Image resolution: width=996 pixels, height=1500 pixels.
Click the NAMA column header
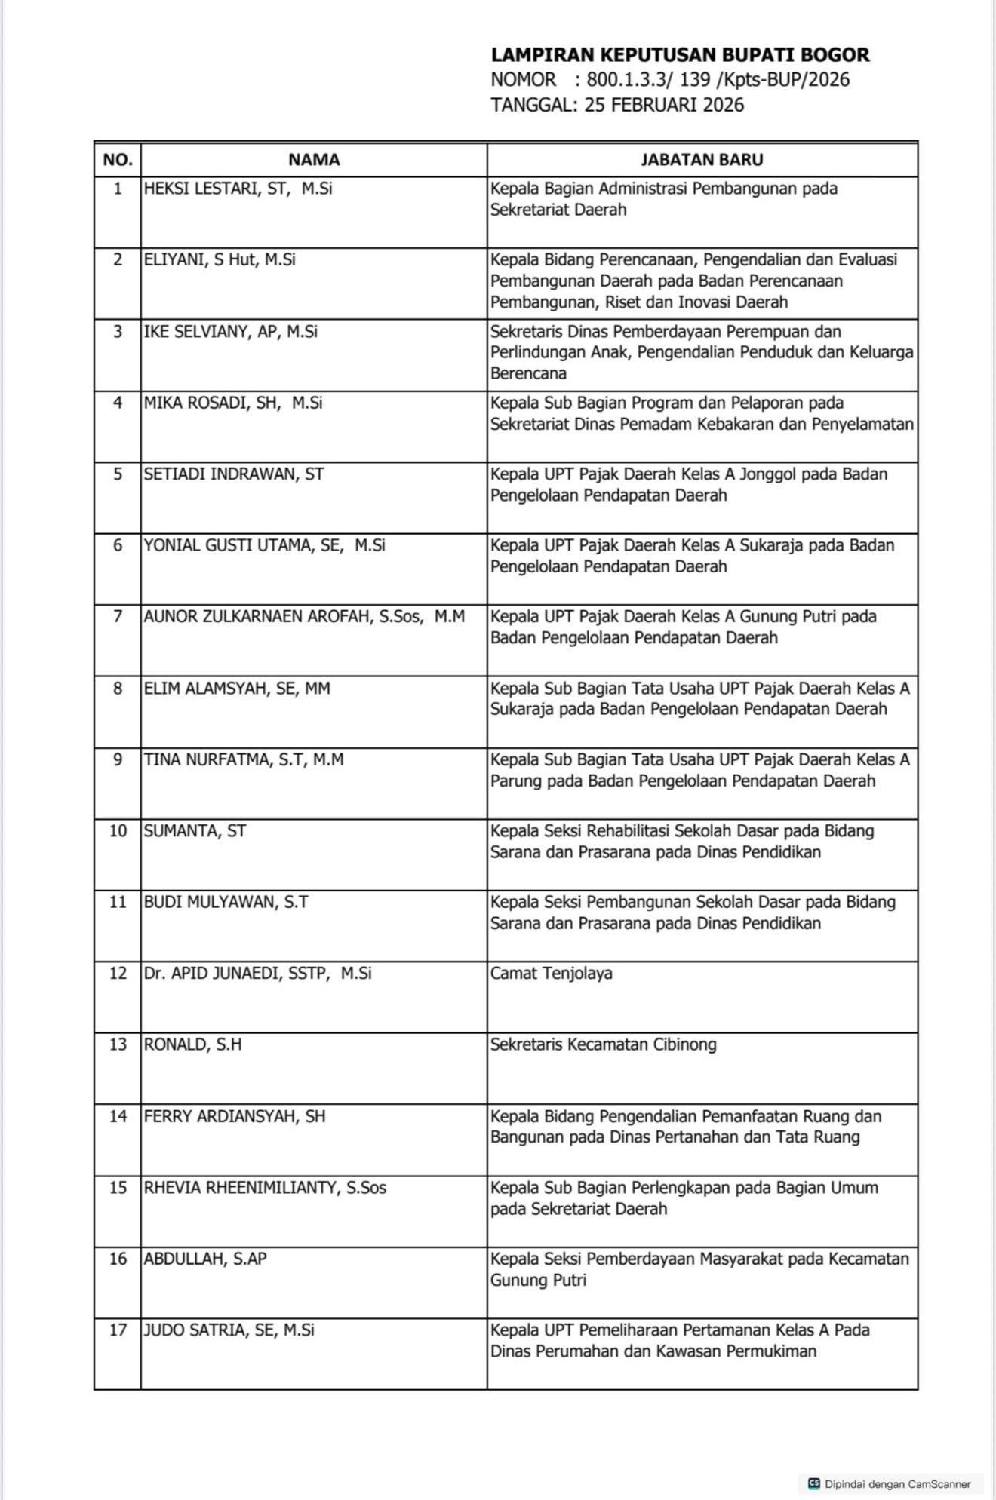click(x=314, y=160)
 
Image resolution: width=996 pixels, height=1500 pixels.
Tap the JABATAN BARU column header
click(x=702, y=160)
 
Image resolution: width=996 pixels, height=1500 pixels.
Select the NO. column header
click(x=118, y=160)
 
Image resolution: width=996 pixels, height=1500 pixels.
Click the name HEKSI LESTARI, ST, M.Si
click(x=238, y=189)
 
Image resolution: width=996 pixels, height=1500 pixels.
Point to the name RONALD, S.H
click(x=193, y=1044)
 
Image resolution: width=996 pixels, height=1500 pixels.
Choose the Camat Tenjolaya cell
click(x=552, y=973)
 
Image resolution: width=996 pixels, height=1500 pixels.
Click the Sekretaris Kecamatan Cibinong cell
click(x=604, y=1044)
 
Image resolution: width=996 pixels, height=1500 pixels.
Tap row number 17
click(x=118, y=1330)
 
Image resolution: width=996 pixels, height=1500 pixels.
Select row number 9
click(x=118, y=759)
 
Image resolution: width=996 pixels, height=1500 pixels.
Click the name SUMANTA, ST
click(x=195, y=831)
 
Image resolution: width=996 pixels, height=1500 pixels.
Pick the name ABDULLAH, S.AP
click(x=205, y=1259)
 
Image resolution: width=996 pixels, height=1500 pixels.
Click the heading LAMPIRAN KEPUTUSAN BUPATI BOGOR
click(x=680, y=54)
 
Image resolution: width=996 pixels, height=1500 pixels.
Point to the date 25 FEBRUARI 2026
click(x=664, y=105)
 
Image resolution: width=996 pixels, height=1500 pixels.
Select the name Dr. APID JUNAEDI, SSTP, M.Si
click(x=258, y=973)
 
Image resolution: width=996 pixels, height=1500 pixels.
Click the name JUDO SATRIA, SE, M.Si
click(x=229, y=1330)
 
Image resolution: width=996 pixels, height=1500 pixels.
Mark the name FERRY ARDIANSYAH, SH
click(x=235, y=1116)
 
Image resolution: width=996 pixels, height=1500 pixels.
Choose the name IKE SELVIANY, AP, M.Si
click(x=231, y=332)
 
